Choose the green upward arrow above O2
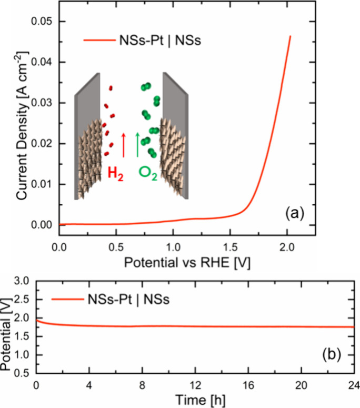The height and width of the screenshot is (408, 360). click(138, 144)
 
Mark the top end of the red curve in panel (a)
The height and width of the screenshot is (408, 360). click(290, 36)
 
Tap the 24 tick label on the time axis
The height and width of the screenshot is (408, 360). click(353, 384)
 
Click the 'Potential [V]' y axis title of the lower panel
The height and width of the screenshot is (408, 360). click(7, 327)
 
